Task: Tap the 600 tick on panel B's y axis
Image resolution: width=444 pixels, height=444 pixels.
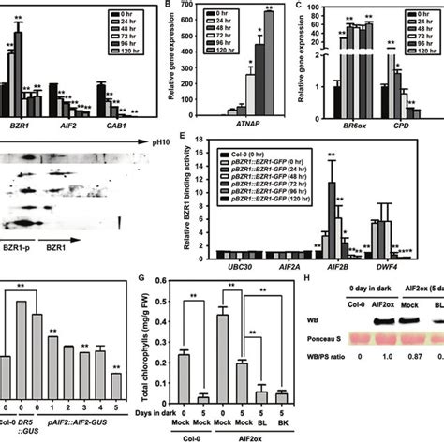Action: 192,45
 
